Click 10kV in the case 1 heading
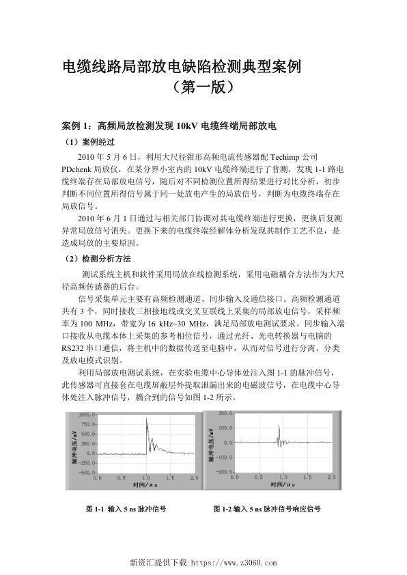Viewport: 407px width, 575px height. point(188,126)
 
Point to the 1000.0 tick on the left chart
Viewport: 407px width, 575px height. point(88,415)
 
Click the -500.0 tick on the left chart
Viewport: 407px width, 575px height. point(88,472)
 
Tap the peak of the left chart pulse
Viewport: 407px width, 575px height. point(146,419)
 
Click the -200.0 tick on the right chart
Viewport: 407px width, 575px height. point(222,472)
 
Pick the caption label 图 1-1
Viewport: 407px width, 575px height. point(94,509)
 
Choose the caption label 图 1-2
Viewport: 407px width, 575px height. point(221,509)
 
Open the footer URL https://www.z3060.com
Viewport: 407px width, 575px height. point(233,564)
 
